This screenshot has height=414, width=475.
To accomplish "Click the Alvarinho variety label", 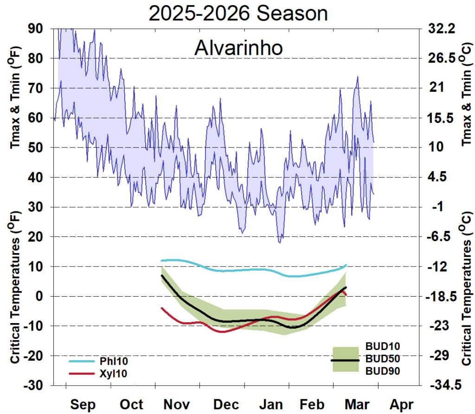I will click(238, 48).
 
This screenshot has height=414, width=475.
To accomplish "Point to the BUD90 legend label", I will click(383, 371).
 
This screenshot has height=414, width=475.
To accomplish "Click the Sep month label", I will click(83, 404).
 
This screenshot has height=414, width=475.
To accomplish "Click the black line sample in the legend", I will click(345, 360).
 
